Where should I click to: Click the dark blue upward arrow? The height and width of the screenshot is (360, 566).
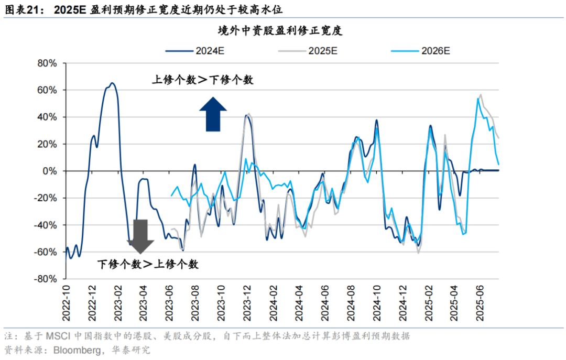click(x=213, y=114)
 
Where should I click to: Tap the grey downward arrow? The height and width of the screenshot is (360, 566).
click(x=140, y=236)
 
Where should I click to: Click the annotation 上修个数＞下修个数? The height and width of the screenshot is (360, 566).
click(x=203, y=80)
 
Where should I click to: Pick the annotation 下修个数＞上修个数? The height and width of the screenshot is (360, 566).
click(x=148, y=264)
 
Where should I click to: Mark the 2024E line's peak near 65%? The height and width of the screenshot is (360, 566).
click(x=112, y=83)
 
